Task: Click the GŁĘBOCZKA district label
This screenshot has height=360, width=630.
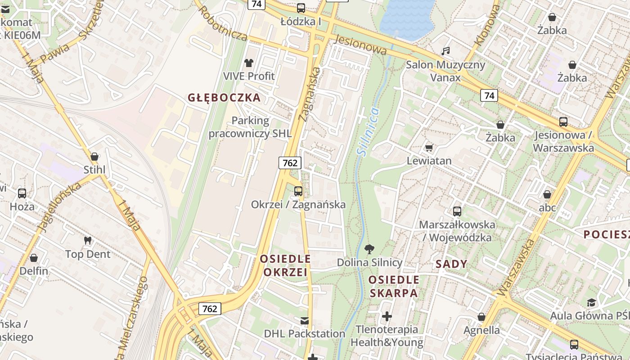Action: [x=224, y=98]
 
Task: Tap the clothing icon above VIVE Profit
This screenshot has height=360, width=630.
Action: [x=249, y=63]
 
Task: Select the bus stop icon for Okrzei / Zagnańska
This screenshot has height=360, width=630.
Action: [x=298, y=191]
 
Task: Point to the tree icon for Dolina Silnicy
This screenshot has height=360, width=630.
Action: [x=369, y=249]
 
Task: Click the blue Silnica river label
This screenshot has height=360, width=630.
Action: [x=368, y=131]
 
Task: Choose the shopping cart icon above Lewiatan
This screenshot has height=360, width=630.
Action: [x=429, y=148]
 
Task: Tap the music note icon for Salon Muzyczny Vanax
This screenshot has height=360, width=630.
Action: [x=445, y=51]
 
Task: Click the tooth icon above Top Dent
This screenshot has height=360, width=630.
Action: [x=88, y=241]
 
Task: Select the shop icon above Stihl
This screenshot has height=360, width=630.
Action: [x=94, y=157]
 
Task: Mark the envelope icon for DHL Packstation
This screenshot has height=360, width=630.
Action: [x=305, y=320]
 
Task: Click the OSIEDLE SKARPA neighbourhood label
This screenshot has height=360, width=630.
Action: [x=394, y=286]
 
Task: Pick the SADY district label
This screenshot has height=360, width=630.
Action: [x=451, y=264]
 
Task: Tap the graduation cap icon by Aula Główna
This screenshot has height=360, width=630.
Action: [x=591, y=303]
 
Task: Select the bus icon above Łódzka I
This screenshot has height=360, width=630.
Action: [x=301, y=8]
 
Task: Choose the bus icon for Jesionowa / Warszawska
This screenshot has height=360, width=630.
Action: [x=563, y=121]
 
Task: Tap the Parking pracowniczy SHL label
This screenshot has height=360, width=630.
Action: [x=250, y=127]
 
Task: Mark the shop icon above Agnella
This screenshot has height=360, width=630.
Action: [x=481, y=317]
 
